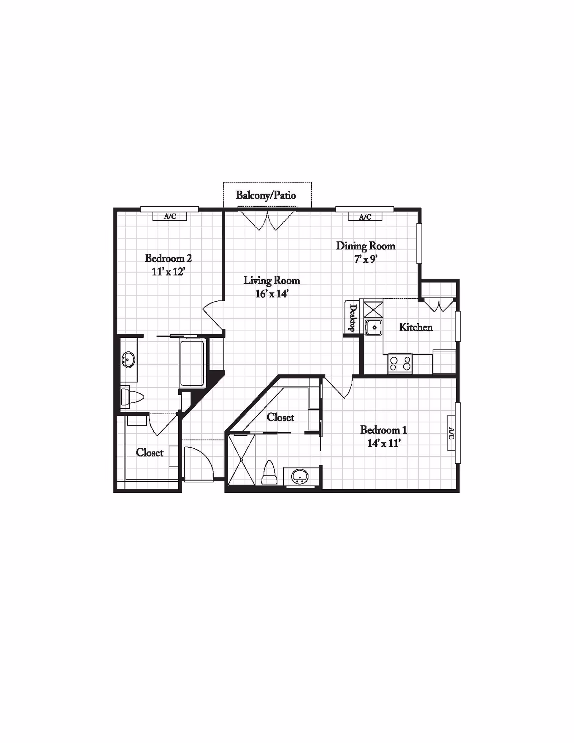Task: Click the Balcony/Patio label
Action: click(266, 195)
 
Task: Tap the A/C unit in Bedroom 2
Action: click(170, 216)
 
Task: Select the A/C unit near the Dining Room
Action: click(365, 216)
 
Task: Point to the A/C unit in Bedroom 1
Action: click(452, 433)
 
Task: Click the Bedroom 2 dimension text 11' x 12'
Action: click(168, 272)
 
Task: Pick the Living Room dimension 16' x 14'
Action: click(272, 294)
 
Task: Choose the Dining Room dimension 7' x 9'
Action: click(366, 259)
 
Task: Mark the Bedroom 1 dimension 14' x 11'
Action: click(384, 443)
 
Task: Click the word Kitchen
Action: click(416, 327)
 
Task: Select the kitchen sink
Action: click(374, 327)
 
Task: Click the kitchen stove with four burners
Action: click(400, 364)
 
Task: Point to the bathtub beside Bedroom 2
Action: click(193, 363)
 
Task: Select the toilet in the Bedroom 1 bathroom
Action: click(269, 472)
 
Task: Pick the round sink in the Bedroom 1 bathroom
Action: click(300, 477)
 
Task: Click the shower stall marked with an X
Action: click(241, 459)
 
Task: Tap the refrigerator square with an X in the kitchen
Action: click(373, 308)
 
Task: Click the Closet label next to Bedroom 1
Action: click(281, 417)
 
